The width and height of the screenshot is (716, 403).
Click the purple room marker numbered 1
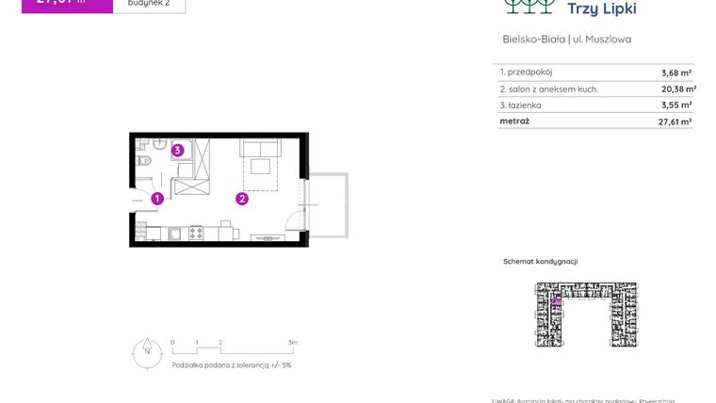(157, 199)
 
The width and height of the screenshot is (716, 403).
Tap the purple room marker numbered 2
(242, 199)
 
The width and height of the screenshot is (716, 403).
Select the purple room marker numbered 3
(176, 150)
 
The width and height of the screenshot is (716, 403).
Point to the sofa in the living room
(261, 148)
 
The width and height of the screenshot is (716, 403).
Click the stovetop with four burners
(197, 232)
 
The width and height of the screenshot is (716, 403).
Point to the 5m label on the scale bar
(293, 343)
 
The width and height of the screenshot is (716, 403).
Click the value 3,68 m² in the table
(676, 73)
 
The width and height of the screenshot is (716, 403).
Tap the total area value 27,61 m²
(675, 121)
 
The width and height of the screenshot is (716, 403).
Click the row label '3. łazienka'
(521, 105)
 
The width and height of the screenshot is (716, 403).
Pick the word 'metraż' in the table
(514, 121)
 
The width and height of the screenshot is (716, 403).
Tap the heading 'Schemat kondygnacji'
(540, 262)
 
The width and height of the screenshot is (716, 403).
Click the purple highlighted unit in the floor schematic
(556, 302)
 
